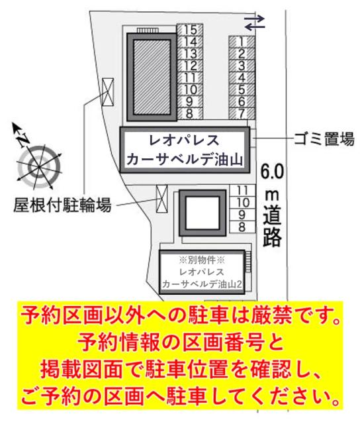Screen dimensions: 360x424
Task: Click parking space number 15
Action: [190, 30]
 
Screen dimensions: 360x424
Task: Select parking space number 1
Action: [242, 42]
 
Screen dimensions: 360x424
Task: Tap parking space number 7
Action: [242, 113]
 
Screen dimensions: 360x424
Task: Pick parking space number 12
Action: [190, 66]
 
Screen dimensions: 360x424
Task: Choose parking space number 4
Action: [242, 78]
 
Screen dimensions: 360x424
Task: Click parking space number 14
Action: [190, 42]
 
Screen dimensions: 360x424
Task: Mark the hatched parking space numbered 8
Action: [190, 113]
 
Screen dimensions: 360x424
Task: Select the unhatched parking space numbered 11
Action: [242, 191]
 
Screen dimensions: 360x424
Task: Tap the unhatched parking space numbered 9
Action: [242, 215]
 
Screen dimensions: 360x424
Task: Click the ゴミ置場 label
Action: [324, 138]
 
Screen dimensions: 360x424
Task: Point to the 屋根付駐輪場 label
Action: [62, 205]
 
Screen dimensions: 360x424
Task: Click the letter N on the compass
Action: [22, 140]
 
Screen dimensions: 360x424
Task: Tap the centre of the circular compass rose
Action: [39, 167]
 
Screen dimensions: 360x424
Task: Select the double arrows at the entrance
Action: [254, 23]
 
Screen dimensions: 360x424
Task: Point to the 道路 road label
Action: [272, 226]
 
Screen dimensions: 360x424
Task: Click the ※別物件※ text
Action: [202, 260]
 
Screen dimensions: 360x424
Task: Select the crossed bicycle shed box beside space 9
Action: [161, 199]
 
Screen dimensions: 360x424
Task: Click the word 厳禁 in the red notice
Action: [271, 315]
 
